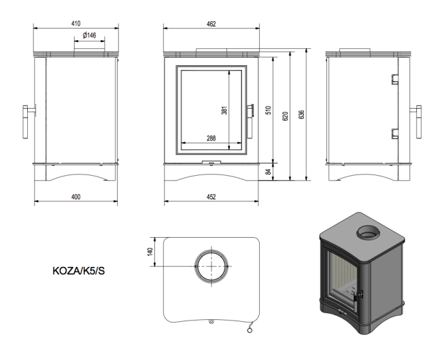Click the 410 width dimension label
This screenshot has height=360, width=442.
point(75,24)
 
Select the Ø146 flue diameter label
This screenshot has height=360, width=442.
point(88,35)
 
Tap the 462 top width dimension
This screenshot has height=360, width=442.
point(211,24)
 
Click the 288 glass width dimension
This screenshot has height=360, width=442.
point(211,139)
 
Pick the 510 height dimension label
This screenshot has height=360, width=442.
point(269,111)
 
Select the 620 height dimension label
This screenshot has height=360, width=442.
point(286,115)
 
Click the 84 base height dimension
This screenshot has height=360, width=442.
point(269,172)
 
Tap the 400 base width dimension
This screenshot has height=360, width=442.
point(75,197)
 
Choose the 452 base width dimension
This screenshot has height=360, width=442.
point(211,197)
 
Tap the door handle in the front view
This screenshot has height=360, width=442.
point(250,110)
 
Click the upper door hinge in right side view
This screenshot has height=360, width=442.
point(393,79)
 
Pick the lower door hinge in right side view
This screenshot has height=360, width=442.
point(393,133)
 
